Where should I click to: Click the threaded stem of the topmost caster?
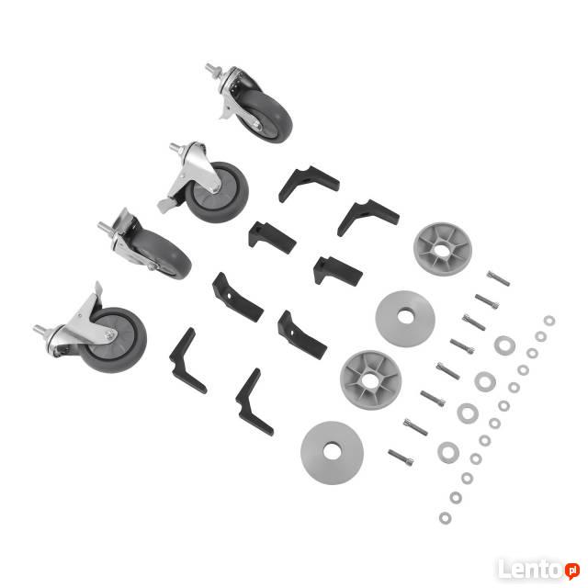[x=213, y=70]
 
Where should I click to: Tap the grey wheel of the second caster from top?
[x=217, y=192]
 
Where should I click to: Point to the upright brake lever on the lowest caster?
[x=98, y=290]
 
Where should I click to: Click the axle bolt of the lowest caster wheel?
[x=109, y=334]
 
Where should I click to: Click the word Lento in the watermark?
[x=531, y=570]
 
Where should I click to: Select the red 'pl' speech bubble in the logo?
[x=572, y=571]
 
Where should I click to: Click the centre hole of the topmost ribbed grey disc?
[x=443, y=250]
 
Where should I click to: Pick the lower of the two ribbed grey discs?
[x=370, y=379]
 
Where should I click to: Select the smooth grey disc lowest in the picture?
[x=332, y=453]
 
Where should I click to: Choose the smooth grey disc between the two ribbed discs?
[x=405, y=319]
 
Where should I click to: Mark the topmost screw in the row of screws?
[x=498, y=278]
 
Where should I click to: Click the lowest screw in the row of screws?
[x=401, y=458]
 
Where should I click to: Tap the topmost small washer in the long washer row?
[x=549, y=321]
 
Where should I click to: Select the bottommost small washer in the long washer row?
[x=445, y=518]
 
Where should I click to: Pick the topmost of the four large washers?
[x=504, y=345]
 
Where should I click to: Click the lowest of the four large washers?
[x=448, y=452]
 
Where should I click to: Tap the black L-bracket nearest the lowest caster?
[x=187, y=361]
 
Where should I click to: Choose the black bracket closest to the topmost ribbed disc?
[x=367, y=216]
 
